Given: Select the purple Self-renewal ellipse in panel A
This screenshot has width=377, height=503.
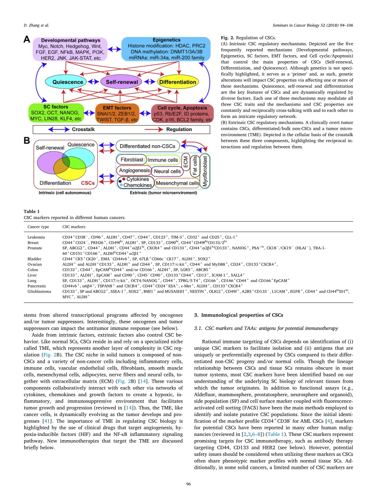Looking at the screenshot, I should click(122, 82).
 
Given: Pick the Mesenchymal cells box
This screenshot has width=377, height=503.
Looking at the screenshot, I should click(177, 183).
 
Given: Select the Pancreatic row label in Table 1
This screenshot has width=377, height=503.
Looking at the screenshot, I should click(37, 285).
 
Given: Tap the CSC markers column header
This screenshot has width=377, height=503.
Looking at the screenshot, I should click(74, 227).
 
